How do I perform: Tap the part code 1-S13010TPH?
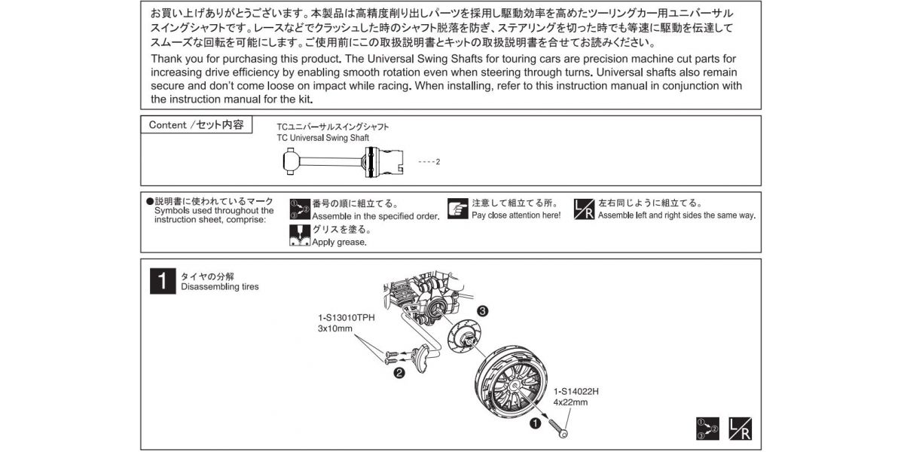[347, 318]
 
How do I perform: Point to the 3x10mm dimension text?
[335, 329]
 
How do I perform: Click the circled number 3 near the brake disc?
[482, 310]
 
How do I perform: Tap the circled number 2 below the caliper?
[399, 371]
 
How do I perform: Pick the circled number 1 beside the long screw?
[535, 423]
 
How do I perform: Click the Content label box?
[196, 125]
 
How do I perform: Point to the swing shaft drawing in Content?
[344, 161]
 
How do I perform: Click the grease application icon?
[300, 236]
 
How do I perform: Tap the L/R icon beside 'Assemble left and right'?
[585, 209]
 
